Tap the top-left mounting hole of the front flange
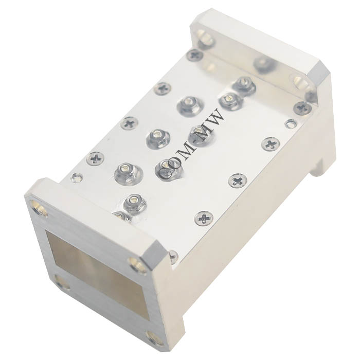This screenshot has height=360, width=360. click(39, 208)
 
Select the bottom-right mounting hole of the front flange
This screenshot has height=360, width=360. click(154, 339)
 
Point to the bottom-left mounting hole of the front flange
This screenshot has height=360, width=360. click(62, 282)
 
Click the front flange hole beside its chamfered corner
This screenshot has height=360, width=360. click(137, 264)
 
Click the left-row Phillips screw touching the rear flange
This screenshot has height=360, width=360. click(195, 55)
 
